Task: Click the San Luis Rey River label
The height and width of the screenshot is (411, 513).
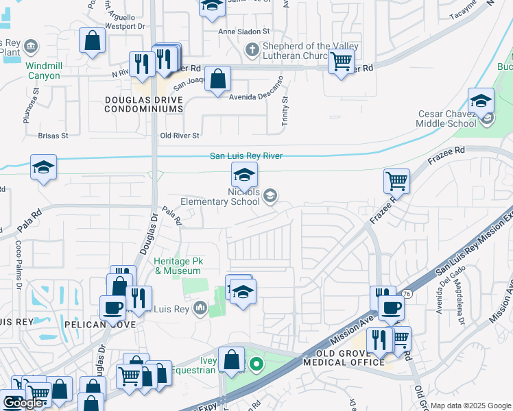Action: tap(246, 156)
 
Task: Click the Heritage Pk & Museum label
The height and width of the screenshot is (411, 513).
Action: tap(177, 266)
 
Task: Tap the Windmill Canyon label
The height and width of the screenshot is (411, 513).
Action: tap(43, 71)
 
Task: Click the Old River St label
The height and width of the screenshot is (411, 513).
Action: tap(180, 136)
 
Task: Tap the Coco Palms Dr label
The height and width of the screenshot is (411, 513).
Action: tap(19, 254)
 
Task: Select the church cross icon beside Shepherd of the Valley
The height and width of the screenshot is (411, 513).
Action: tap(252, 49)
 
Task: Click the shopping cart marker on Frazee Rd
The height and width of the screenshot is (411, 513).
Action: tap(396, 182)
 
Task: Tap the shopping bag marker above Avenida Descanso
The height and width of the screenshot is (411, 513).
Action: tap(217, 79)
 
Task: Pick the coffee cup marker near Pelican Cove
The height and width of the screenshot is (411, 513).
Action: tap(113, 308)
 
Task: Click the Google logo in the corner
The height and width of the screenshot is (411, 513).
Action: tap(23, 403)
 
